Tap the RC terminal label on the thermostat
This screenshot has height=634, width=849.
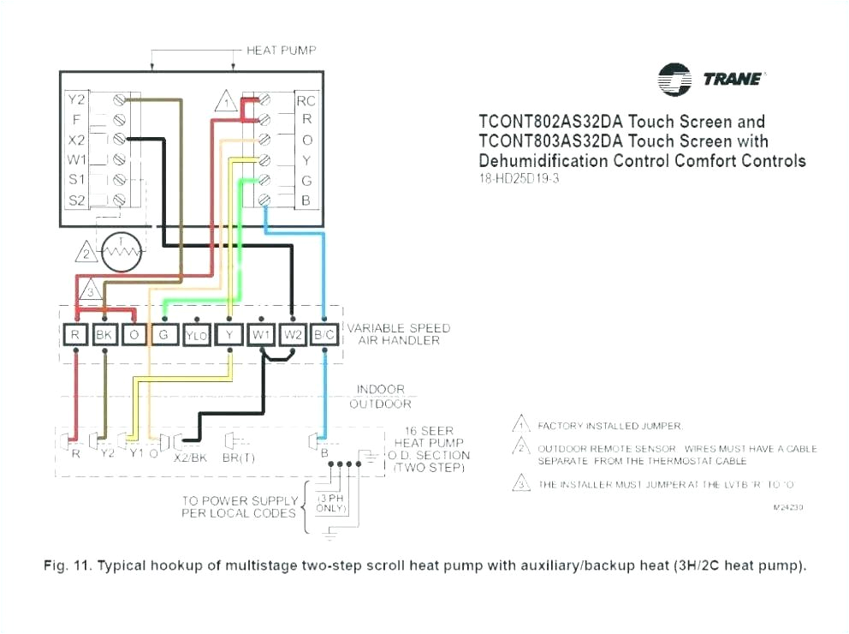tap(306, 100)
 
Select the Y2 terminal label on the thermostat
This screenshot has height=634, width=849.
tap(77, 99)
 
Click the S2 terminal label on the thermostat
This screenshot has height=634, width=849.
tap(77, 200)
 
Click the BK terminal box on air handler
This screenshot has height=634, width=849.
tap(104, 335)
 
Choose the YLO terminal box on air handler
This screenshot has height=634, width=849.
tap(196, 335)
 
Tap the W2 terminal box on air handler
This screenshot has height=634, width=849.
tap(293, 335)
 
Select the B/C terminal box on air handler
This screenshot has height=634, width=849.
tap(324, 335)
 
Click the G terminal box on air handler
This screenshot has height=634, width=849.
tap(163, 335)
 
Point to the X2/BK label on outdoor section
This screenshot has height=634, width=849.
tap(190, 457)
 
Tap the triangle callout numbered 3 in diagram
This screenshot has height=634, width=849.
tap(90, 290)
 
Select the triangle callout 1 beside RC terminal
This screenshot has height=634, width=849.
tap(225, 101)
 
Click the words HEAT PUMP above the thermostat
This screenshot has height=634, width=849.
tap(281, 51)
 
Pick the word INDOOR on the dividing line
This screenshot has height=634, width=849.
tap(380, 390)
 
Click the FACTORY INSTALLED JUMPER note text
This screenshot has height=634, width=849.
tap(609, 425)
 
